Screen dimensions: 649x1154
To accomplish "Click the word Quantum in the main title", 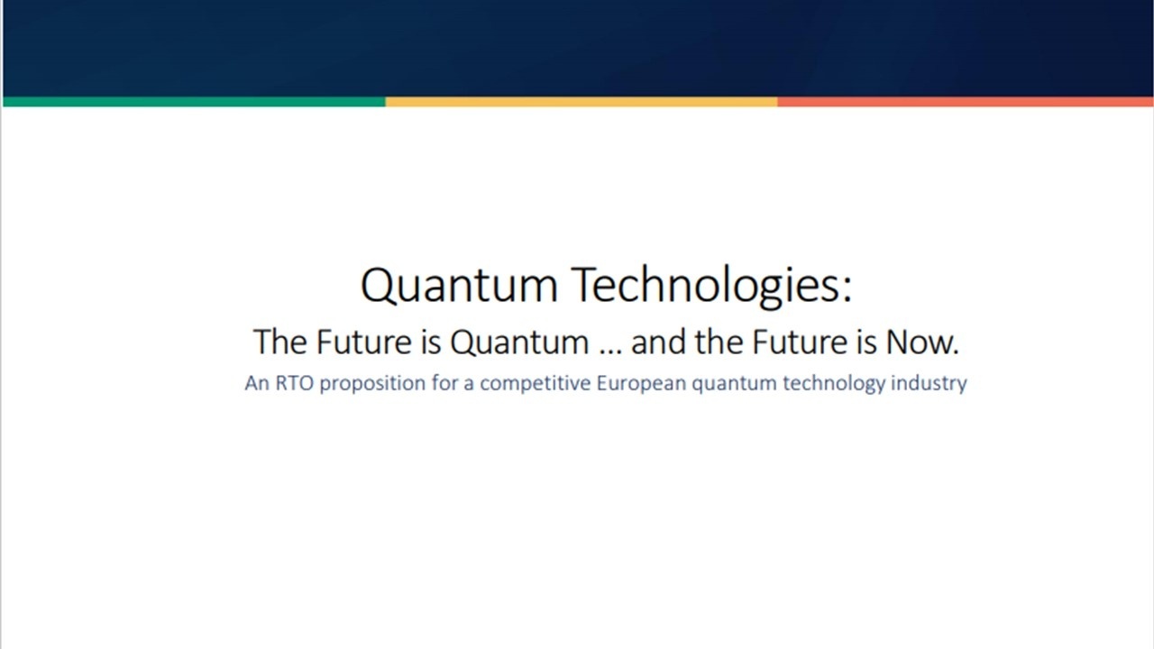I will (459, 286).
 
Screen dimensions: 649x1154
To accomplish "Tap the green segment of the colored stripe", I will (194, 102).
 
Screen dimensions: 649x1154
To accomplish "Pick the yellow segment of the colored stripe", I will (582, 102).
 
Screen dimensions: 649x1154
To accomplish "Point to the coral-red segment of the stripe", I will (965, 102).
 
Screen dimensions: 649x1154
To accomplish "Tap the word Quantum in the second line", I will (518, 343).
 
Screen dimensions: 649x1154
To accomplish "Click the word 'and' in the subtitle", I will (658, 343).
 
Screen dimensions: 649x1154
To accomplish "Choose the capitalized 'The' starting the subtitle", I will (280, 343).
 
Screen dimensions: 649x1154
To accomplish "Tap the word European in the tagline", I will (642, 384).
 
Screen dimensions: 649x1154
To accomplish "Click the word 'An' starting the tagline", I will (256, 383).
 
